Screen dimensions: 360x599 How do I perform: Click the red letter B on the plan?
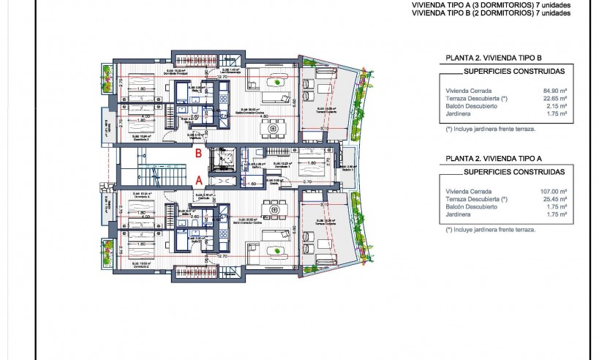[x=199, y=154]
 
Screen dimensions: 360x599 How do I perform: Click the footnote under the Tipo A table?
[x=490, y=229]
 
